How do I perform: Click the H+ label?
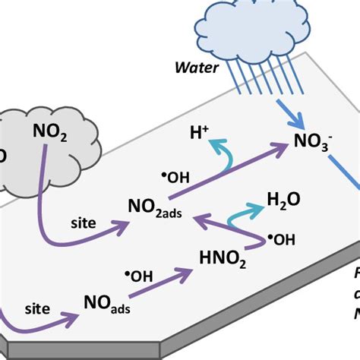click(200, 134)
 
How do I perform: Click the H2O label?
click(283, 199)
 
